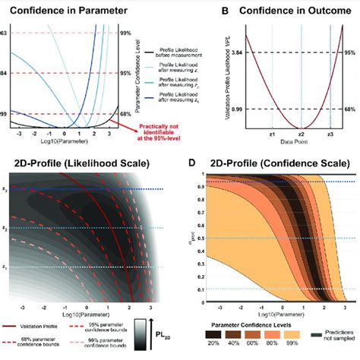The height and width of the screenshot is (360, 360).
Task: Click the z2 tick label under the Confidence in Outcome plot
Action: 302,132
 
